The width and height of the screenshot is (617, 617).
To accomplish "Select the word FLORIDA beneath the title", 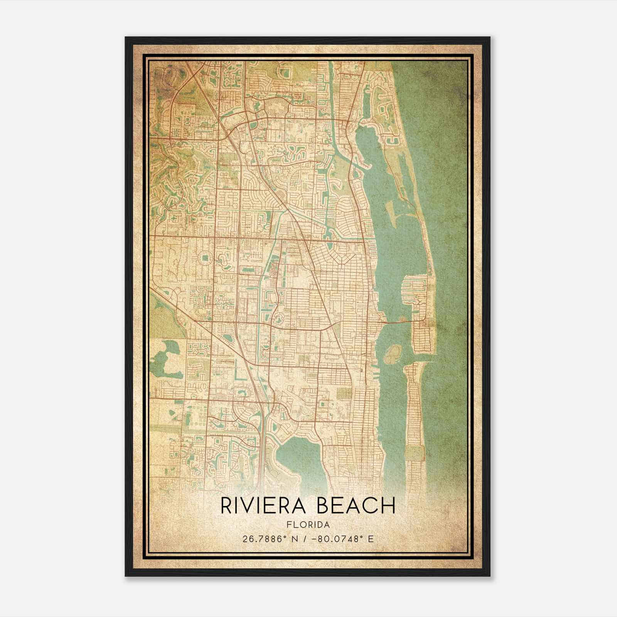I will [308, 525].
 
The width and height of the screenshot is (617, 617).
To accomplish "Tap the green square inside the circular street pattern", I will [204, 257].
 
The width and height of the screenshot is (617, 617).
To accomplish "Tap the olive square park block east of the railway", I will [344, 393].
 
